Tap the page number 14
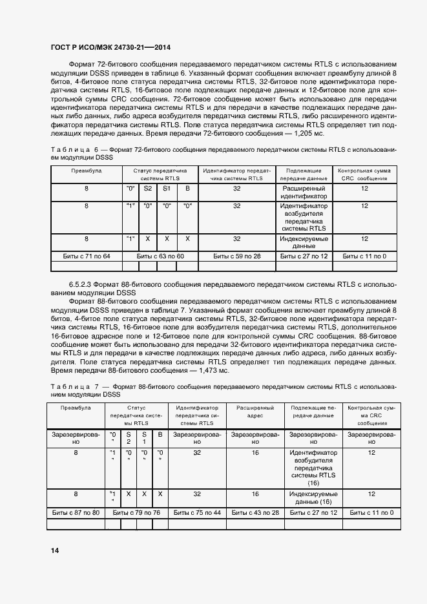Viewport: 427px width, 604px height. (x=55, y=550)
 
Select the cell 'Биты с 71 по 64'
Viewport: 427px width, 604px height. (x=87, y=256)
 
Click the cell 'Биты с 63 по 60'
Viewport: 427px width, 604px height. (x=158, y=256)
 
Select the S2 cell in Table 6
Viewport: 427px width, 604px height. (x=148, y=188)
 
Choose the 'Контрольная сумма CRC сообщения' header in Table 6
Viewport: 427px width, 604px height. (x=364, y=174)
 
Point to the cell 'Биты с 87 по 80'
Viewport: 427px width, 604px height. (x=76, y=512)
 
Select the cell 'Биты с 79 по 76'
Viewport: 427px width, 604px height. (x=136, y=512)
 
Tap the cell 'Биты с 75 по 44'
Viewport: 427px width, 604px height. (x=198, y=512)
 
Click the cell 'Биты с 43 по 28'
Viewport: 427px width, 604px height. (x=255, y=512)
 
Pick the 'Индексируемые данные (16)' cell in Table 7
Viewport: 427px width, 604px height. (x=314, y=497)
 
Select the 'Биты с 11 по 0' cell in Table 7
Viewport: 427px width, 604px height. (x=371, y=512)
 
